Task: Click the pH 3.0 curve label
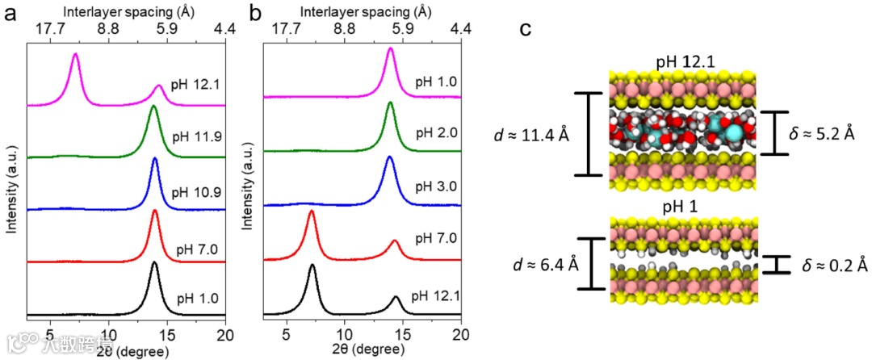[x=437, y=186]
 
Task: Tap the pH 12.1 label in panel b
[x=437, y=296]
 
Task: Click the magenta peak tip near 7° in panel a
[x=75, y=54]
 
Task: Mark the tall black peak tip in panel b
[x=312, y=265]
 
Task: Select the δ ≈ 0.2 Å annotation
[x=831, y=266]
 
